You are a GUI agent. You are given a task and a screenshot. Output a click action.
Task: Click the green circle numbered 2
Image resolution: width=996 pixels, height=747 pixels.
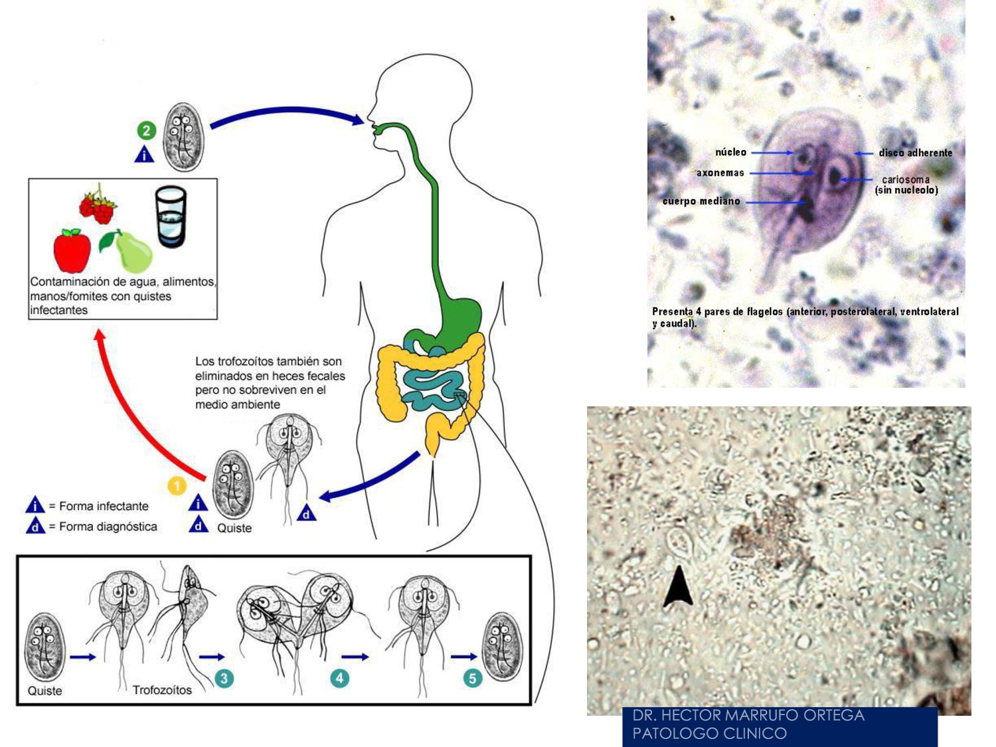147,130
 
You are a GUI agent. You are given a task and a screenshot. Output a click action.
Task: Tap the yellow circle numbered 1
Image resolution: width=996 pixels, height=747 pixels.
177,487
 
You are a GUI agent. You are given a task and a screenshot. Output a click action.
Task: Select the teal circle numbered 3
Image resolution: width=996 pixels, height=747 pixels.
224,678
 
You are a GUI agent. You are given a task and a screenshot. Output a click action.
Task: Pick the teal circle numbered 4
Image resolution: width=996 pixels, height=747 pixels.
340,678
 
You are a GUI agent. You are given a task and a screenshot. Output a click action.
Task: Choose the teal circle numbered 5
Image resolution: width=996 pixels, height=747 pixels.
472,678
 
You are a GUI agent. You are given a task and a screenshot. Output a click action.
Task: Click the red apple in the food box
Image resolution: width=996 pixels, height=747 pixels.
72,251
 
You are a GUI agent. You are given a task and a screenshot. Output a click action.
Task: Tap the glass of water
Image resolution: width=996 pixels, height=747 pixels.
171,216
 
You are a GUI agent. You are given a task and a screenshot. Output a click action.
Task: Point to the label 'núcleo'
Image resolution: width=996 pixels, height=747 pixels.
730,153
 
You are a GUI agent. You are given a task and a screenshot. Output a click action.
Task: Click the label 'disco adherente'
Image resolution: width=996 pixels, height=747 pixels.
915,153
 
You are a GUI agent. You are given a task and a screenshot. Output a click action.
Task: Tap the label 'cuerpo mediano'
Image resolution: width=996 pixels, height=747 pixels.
701,201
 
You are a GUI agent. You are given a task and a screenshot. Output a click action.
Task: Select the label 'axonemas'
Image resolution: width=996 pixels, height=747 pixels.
720,173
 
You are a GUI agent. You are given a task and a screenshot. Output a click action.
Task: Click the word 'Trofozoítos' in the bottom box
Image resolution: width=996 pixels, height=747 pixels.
162,691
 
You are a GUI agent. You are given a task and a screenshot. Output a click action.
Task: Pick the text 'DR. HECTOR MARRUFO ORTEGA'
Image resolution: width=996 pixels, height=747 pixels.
748,715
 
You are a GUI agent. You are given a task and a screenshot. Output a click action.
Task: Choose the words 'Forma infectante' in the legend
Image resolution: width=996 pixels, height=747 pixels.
104,506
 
